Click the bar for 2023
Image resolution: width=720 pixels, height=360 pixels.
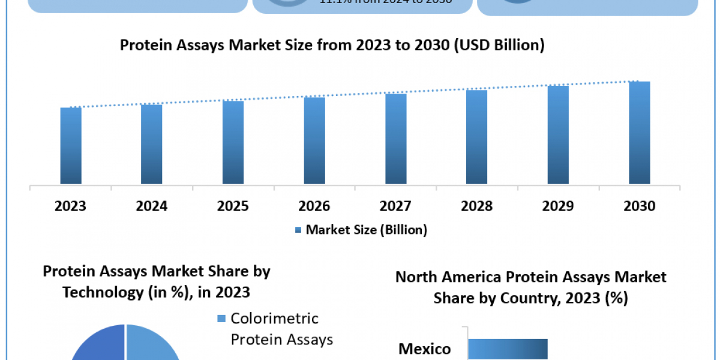click(71, 146)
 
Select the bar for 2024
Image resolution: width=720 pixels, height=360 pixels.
click(152, 144)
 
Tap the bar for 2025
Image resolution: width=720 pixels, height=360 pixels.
click(233, 142)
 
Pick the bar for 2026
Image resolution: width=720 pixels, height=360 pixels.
click(314, 140)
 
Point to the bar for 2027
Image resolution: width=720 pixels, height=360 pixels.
click(395, 139)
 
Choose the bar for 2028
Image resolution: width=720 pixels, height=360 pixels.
click(477, 137)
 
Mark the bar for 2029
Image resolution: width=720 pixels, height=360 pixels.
click(558, 135)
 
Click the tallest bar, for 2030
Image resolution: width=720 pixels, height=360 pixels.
click(640, 133)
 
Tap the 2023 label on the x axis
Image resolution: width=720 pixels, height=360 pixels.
click(71, 206)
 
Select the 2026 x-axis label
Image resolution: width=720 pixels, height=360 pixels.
click(314, 206)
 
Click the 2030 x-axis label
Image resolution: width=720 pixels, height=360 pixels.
click(640, 206)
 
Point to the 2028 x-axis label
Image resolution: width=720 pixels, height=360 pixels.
click(477, 206)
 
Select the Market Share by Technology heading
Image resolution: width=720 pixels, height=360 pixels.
click(157, 281)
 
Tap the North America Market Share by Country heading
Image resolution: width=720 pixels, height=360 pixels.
click(530, 287)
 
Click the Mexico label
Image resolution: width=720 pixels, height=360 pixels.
click(424, 349)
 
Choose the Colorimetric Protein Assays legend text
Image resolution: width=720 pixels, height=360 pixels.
click(281, 329)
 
